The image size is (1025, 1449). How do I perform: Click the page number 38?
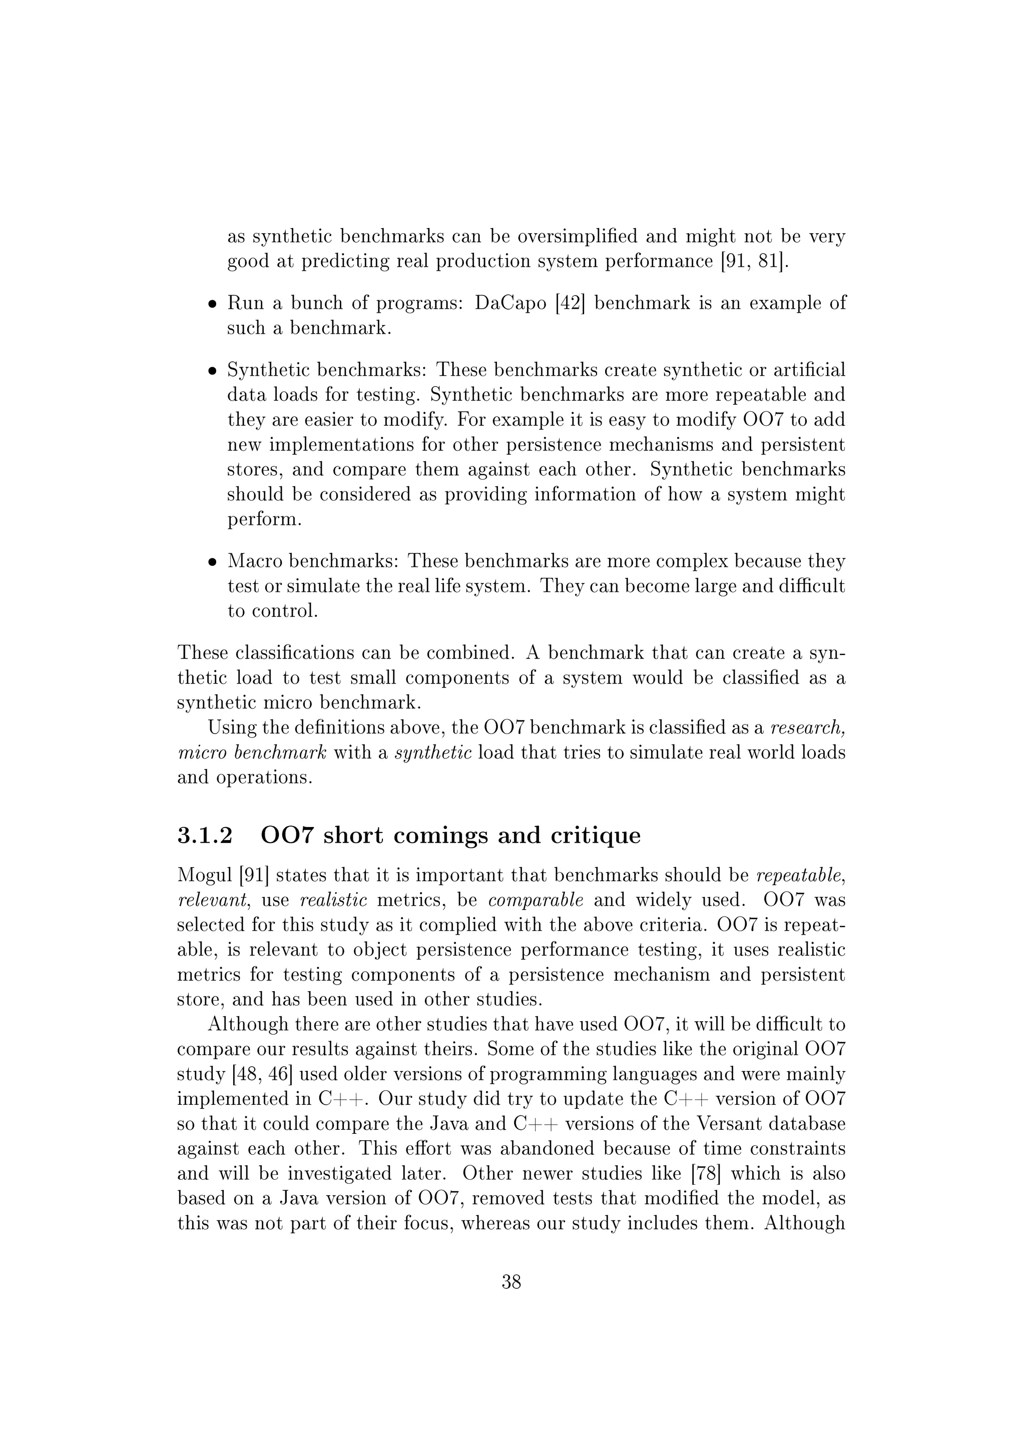click(511, 1282)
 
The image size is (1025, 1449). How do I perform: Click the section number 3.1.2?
click(205, 836)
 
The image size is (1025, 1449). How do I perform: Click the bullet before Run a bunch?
click(213, 305)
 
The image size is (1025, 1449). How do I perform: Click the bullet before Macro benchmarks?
click(213, 562)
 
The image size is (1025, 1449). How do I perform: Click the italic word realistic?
click(333, 901)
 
